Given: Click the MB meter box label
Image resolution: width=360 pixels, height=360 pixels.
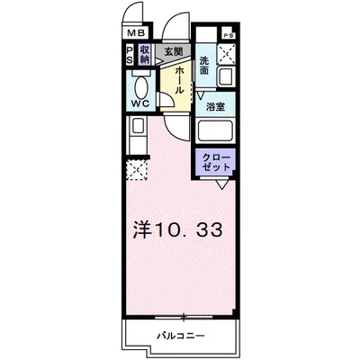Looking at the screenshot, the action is pos(136,33).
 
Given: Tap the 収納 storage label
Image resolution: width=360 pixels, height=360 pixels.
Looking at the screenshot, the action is pos(144,54).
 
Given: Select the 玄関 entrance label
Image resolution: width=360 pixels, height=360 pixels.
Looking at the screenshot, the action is pos(174,52).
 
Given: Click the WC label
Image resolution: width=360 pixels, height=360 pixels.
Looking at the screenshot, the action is pos(141,103).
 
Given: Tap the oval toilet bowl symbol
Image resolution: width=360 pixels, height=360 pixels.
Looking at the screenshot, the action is pos(141,86).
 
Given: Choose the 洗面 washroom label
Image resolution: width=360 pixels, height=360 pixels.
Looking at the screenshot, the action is pos(204,66).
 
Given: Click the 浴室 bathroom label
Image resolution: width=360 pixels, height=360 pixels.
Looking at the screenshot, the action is pos(216,107).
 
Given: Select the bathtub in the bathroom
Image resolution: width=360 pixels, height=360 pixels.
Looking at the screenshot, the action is pos(215,131).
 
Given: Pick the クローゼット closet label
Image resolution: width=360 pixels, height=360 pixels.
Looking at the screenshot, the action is pos(216,162).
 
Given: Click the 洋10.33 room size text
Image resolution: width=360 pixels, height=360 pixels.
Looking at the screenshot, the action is pos(178,230).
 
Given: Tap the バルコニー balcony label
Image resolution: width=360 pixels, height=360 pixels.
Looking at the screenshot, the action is pos(182,336).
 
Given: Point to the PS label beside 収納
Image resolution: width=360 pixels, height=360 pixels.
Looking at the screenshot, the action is pos(130,54).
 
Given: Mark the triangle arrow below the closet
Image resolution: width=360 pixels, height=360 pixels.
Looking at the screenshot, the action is pos(221,184).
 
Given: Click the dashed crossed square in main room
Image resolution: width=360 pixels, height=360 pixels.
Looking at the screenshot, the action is pos(137,170).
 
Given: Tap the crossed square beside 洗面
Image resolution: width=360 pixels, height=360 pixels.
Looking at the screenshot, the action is pos(227,54).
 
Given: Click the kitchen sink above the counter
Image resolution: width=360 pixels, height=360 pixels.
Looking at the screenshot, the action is pos(138,125).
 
